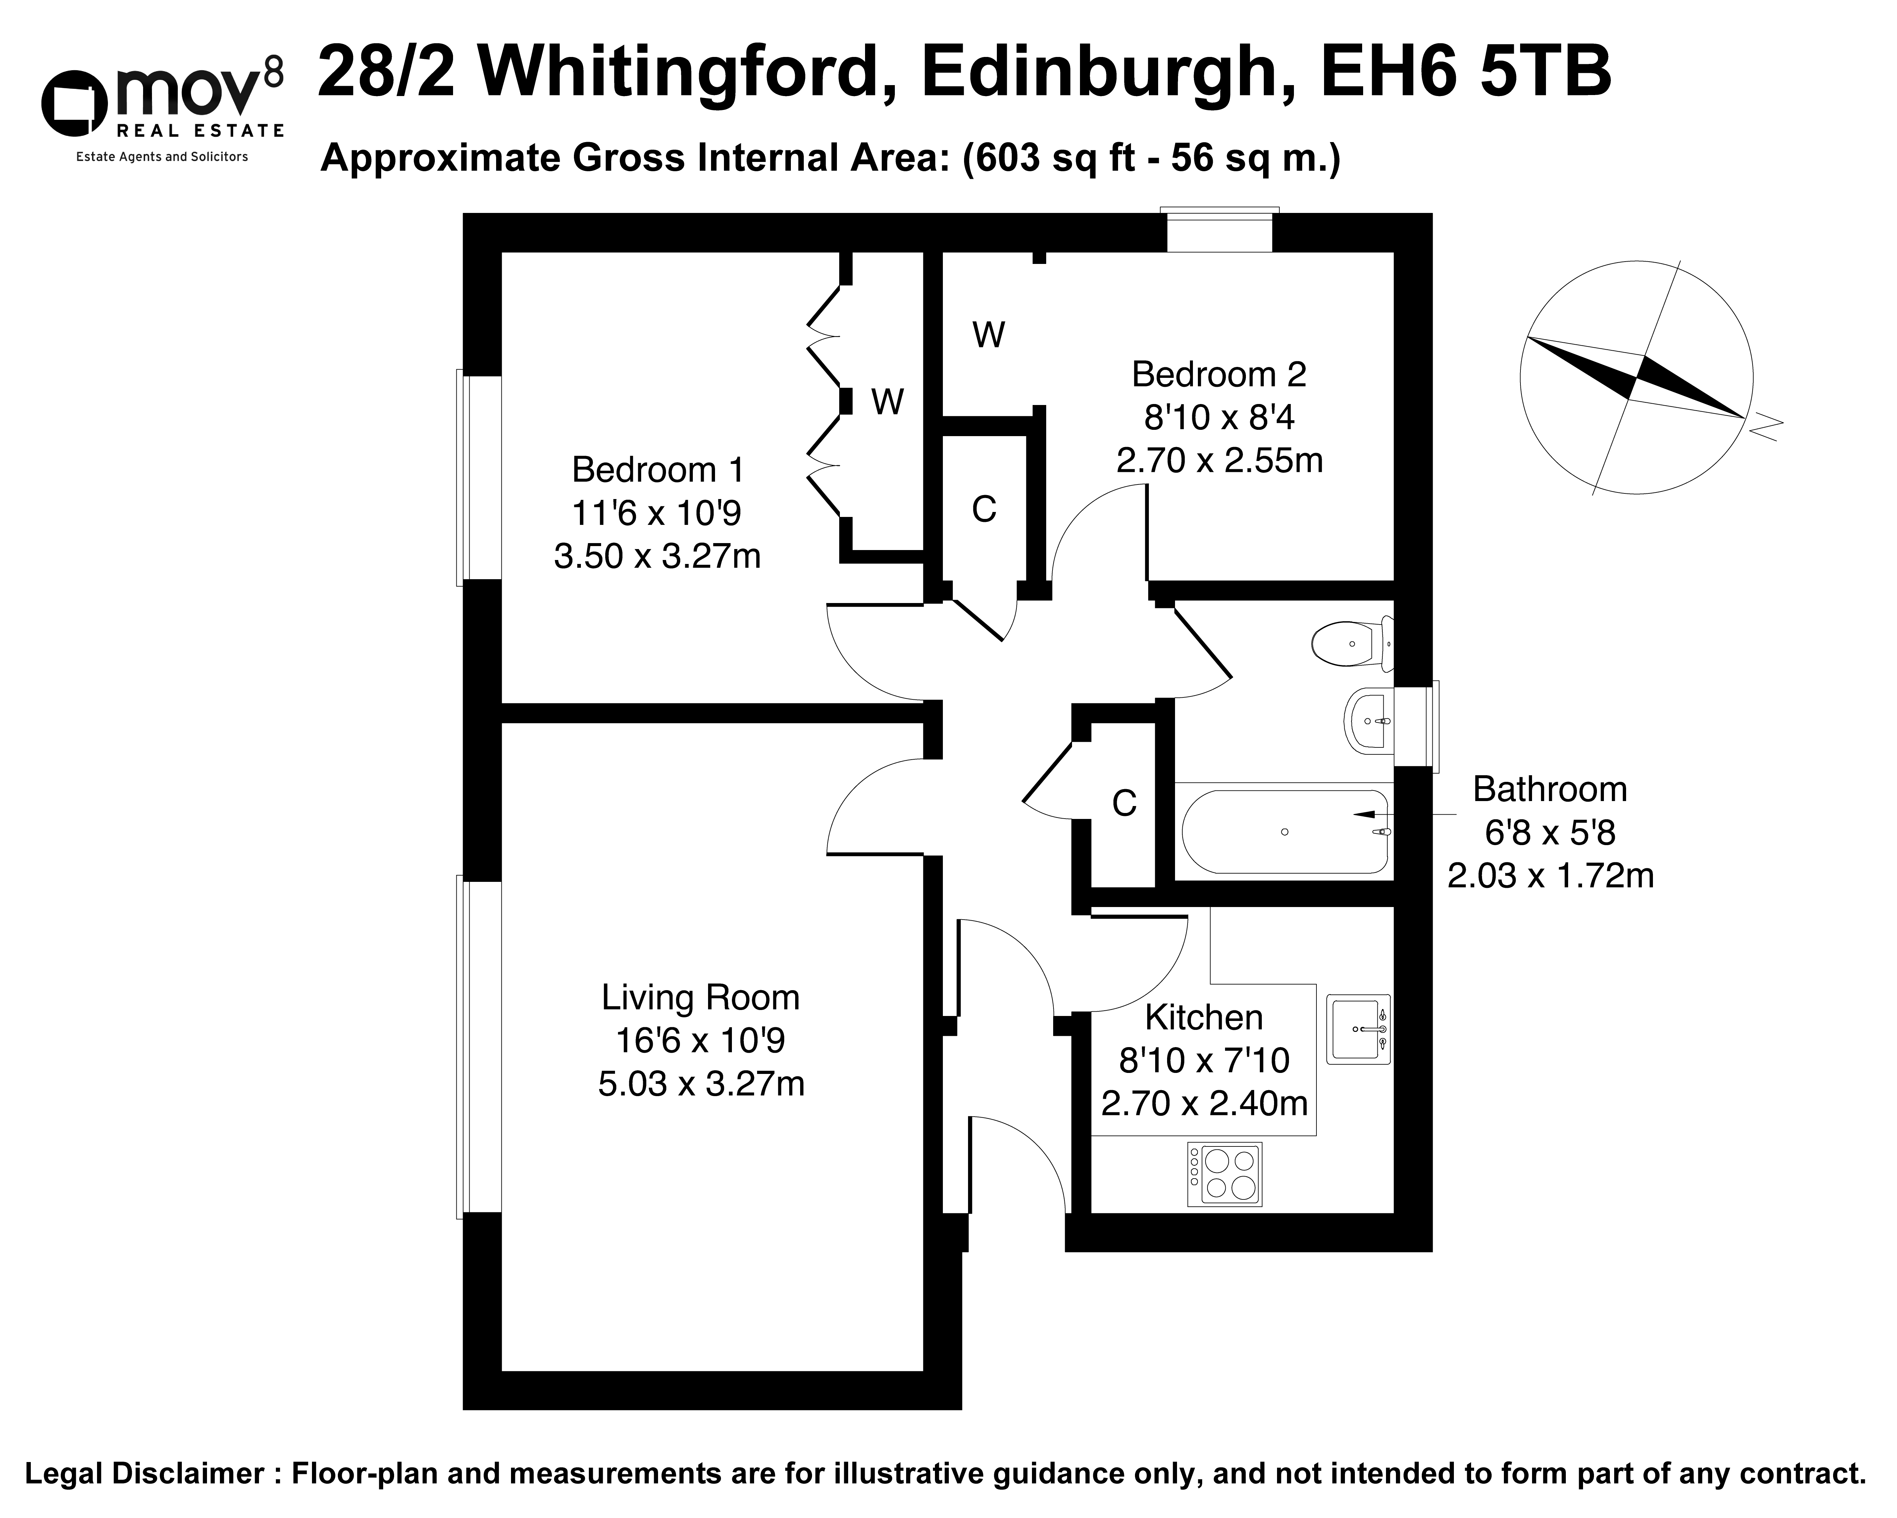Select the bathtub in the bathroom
click(1285, 832)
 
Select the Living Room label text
click(700, 998)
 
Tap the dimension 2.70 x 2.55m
click(1219, 460)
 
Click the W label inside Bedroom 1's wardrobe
click(888, 402)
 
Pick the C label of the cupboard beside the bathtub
click(1124, 803)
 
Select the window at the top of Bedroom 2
click(1219, 230)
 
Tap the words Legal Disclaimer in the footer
click(145, 1474)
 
